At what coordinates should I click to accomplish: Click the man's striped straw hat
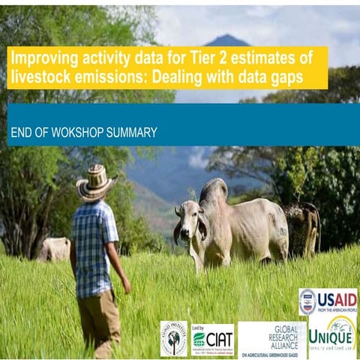pos(96,183)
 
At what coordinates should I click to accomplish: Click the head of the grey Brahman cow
pos(190,224)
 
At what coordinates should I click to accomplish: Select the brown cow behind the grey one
pos(304,225)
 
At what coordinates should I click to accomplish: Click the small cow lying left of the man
pos(54,248)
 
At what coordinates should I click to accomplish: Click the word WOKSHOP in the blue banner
pos(83,133)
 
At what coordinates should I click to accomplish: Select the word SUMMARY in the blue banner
pos(133,133)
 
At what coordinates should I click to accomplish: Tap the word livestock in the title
pos(38,76)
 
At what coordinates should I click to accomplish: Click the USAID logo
pos(328,301)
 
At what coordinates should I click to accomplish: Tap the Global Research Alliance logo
pos(271,339)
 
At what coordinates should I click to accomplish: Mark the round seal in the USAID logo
pos(307,301)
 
